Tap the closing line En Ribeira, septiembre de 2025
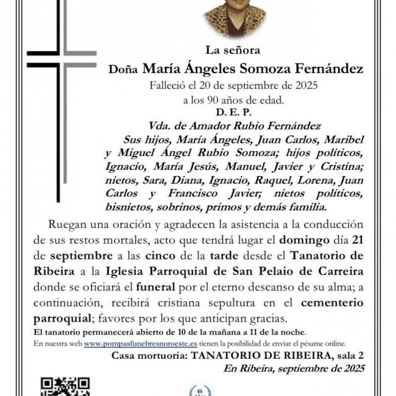[294, 368]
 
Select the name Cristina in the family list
[342, 165]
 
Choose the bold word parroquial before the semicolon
[62, 317]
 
